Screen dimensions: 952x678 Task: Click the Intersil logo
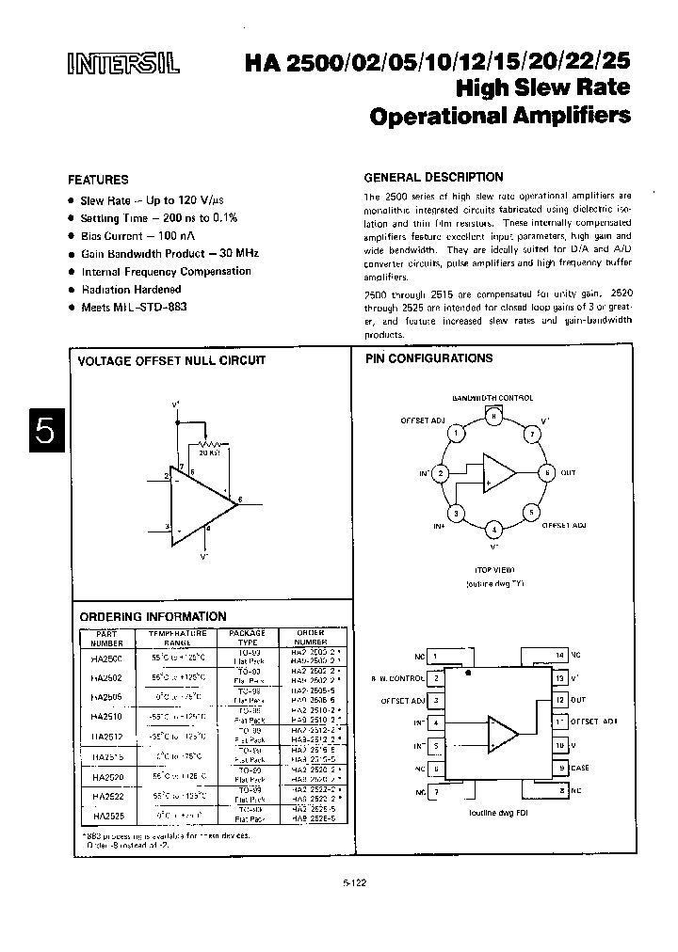click(117, 63)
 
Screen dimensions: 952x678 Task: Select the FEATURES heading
click(98, 180)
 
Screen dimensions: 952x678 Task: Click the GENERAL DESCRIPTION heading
click(433, 177)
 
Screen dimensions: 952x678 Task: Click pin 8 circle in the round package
click(492, 414)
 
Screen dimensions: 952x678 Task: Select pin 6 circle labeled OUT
click(545, 472)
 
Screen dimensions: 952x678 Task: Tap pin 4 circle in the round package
click(492, 530)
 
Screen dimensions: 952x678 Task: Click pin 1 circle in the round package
click(455, 434)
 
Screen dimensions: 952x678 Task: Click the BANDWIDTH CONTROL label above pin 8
click(492, 398)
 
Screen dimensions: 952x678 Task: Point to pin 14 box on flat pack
click(559, 655)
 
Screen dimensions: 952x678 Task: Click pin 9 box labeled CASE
click(559, 768)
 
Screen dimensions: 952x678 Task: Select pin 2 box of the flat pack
click(436, 677)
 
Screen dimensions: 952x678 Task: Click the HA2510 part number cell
click(101, 717)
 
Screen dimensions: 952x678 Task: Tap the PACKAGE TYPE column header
click(248, 637)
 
